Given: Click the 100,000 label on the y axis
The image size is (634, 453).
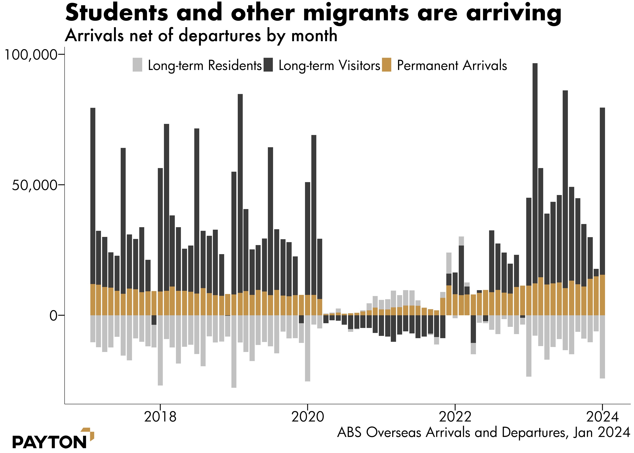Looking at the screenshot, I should pos(31,54).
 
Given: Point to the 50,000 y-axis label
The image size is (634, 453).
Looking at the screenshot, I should pos(34,185).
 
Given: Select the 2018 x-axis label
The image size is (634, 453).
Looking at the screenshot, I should pos(160,417).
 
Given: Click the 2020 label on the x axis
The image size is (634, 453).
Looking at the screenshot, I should pos(307,417).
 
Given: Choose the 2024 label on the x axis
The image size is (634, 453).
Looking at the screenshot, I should pos(602,417).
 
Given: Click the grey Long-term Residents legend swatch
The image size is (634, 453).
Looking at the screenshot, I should pos(137,65).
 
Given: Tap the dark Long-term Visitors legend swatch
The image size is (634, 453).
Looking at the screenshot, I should pos(268,65).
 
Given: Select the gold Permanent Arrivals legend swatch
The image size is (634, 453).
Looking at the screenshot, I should pos(387,65).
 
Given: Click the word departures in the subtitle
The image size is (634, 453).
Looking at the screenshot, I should pos(219,36).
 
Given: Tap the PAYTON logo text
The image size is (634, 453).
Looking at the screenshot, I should pos(49,442).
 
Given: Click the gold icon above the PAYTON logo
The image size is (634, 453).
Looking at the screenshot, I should pos(89,434).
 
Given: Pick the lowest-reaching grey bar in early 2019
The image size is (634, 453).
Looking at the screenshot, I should pos(234,352).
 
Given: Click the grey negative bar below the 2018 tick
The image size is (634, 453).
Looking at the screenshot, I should pos(160,350).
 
